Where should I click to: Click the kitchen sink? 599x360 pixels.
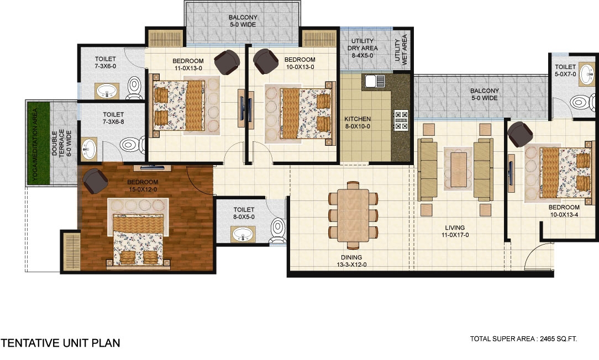coord(375,81)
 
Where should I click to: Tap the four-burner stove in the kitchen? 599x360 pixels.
coord(401,120)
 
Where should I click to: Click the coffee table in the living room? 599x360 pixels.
coord(459,170)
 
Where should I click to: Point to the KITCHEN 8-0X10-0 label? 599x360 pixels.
coord(358,123)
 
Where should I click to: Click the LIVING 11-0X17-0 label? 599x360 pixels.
coord(455,231)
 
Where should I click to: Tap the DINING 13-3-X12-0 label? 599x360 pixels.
coord(351,261)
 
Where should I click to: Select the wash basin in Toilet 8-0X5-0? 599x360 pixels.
coord(243,234)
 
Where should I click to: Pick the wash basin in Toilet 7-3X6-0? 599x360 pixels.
coord(107,91)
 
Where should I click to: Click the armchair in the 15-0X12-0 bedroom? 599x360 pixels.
coord(95,181)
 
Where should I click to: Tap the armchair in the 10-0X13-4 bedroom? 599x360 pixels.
coord(520,134)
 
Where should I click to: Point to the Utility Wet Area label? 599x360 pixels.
coord(401,50)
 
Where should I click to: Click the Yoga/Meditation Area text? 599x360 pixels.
coord(35,144)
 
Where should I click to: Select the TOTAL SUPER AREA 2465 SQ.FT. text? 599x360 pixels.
coord(523,338)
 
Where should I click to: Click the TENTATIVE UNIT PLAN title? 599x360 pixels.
coord(60,343)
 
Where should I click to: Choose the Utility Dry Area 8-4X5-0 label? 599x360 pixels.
coord(362,48)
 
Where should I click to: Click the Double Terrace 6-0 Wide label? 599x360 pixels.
coord(61,144)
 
